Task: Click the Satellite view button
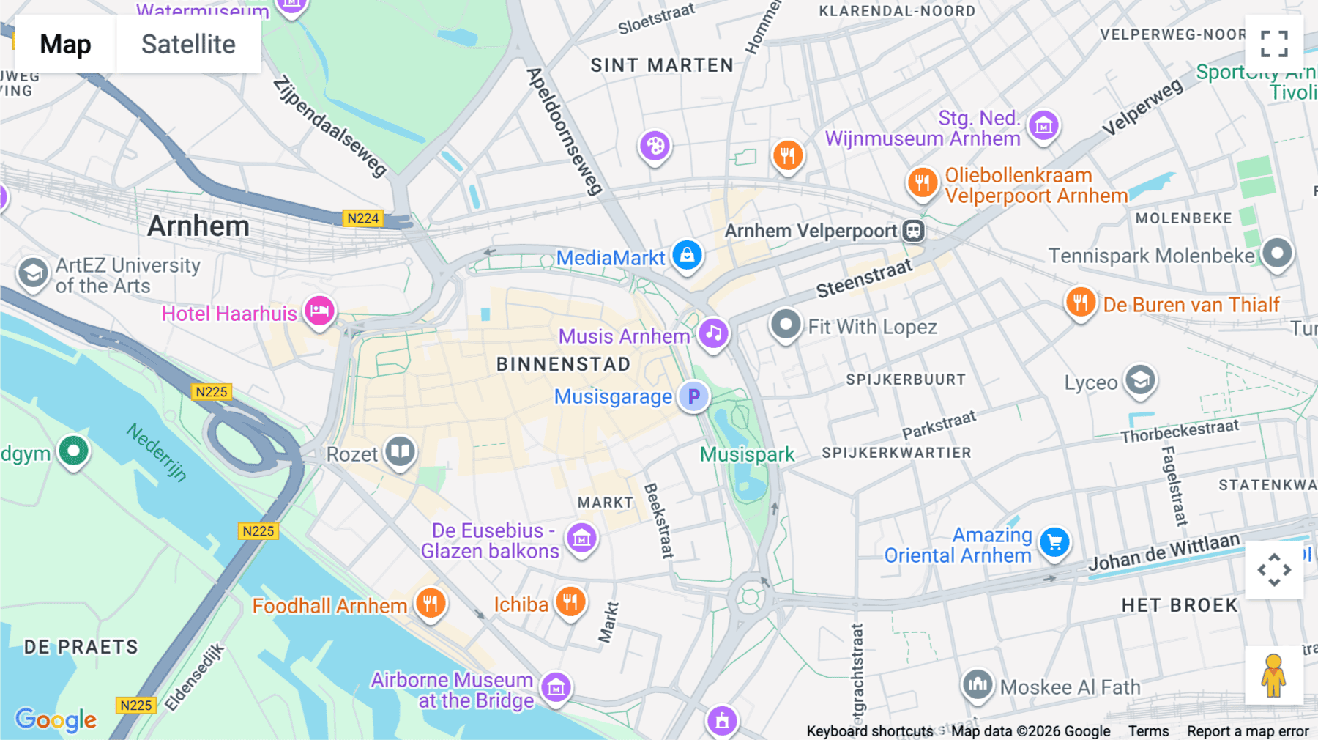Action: coord(188,44)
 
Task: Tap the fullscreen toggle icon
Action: coord(1274,44)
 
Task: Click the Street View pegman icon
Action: coord(1274,676)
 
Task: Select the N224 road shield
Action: coord(363,218)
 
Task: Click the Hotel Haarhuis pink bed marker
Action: coord(319,311)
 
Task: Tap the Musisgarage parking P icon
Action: coord(693,396)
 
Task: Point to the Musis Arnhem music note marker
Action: coord(713,334)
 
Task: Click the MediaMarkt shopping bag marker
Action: coord(687,255)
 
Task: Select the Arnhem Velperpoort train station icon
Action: coord(913,231)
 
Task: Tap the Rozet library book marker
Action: coord(400,451)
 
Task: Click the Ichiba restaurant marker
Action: coord(570,602)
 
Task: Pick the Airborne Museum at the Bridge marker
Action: coord(556,687)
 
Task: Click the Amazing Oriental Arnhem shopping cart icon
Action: coord(1054,542)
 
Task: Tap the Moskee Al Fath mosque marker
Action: coord(978,685)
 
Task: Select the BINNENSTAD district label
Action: coord(563,364)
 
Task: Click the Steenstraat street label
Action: coord(864,278)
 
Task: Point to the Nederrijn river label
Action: coord(157,452)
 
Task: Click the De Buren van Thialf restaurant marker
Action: coord(1081,302)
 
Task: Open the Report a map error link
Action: coord(1248,731)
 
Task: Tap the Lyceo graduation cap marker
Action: coord(1140,380)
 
